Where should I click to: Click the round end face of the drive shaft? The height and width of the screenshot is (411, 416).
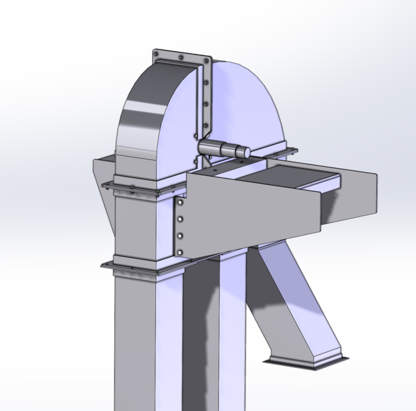point(243,151)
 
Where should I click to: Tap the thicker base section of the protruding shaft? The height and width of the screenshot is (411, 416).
point(209,147)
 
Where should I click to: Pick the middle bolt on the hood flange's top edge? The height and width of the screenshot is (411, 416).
point(182,57)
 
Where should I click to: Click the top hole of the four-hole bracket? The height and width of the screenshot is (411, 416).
point(181,204)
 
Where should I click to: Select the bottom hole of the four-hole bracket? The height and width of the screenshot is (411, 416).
point(180,250)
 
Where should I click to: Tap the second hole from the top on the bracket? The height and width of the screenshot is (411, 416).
point(181,220)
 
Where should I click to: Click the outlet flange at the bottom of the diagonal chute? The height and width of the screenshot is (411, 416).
point(309,362)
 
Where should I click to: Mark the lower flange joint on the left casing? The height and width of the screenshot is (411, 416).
point(135,265)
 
